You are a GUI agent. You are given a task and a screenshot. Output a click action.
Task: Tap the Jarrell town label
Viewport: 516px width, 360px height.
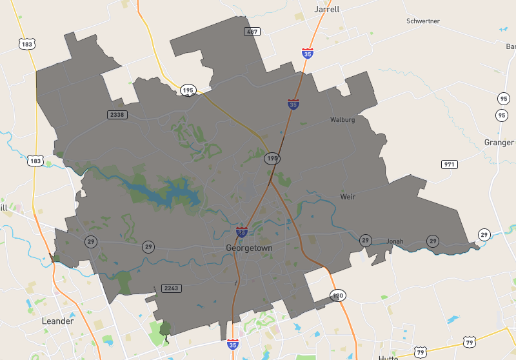(326, 10)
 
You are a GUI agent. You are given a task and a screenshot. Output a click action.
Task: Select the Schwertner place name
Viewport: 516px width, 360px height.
(423, 21)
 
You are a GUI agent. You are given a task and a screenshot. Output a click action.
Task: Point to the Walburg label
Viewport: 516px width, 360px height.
(342, 119)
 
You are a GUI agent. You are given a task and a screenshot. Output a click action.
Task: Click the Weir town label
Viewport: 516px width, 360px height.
(348, 196)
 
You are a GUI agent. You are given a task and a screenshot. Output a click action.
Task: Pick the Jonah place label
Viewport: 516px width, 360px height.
(395, 241)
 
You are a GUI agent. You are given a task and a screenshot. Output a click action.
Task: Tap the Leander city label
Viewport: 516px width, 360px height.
(57, 321)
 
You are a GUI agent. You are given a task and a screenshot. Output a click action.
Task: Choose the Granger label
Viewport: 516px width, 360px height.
(499, 142)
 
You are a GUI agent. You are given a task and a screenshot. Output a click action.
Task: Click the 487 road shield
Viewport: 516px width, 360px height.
(252, 32)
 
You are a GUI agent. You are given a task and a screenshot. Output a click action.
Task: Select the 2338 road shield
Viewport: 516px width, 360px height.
(117, 114)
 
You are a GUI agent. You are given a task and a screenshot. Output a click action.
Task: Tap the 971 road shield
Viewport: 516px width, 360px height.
(450, 165)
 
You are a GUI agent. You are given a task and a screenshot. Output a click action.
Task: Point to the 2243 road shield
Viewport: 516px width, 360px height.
(171, 288)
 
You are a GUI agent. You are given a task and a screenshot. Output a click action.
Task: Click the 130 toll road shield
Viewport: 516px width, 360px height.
(337, 295)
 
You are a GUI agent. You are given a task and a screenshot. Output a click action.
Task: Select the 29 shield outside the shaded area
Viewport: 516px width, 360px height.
(484, 234)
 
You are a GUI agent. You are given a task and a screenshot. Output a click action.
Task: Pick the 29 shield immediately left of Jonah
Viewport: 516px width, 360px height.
(366, 241)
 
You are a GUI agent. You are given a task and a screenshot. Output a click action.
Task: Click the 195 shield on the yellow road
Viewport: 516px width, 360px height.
(188, 90)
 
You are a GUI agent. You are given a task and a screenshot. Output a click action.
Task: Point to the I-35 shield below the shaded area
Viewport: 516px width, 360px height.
(232, 345)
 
